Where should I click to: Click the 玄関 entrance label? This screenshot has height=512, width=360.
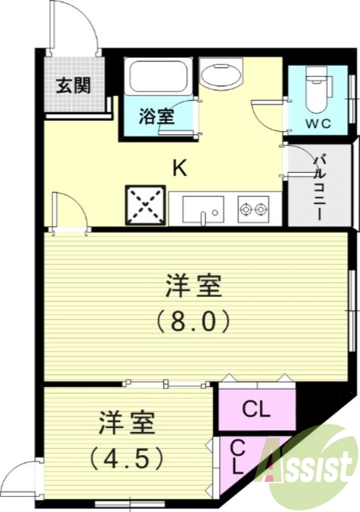click(x=72, y=86)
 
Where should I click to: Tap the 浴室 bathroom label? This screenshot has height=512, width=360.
click(x=156, y=117)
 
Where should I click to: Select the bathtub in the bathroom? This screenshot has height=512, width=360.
click(x=157, y=77)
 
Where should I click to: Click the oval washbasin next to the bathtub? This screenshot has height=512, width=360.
click(x=220, y=74)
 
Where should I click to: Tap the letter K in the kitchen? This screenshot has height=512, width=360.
click(x=180, y=168)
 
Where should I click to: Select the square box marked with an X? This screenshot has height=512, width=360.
click(x=146, y=205)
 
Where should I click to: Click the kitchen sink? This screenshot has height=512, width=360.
click(x=203, y=208)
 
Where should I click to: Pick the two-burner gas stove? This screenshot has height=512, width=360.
click(x=253, y=208)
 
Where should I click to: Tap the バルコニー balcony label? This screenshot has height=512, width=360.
click(x=318, y=186)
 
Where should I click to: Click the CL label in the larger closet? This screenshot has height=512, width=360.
click(x=256, y=408)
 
